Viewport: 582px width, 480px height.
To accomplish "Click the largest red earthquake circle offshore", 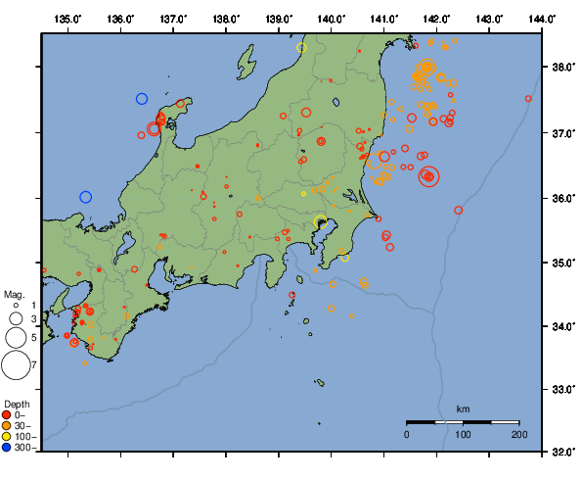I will [429, 176].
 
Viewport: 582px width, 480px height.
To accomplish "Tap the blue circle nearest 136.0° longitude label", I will [142, 98].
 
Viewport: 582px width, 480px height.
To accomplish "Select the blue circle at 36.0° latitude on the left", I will [85, 197].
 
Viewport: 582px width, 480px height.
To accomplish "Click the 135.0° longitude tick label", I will [67, 19].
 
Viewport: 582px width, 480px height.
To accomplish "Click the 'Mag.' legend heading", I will [14, 294].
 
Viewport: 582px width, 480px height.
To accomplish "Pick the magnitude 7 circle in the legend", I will [15, 365].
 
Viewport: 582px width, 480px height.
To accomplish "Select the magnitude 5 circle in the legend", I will [15, 337].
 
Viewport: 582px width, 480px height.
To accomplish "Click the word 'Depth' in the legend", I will [17, 404].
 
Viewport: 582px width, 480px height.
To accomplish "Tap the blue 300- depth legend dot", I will [9, 447].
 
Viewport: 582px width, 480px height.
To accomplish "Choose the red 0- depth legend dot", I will [9, 414].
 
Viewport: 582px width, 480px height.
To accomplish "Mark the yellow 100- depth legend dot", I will [9, 436].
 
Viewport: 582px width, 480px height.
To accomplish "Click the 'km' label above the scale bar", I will [463, 408].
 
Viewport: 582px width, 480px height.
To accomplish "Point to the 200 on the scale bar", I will [518, 433].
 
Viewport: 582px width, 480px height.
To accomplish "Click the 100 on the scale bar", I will [463, 433].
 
